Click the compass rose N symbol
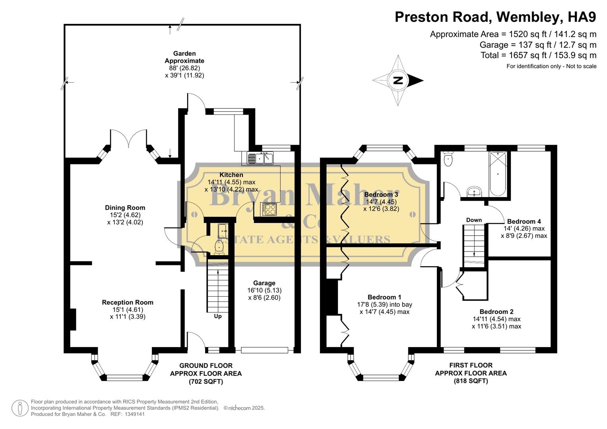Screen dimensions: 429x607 [398, 81]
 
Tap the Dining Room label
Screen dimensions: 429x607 [125, 208]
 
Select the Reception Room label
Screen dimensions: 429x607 [127, 302]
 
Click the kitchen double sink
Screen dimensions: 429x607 [260, 158]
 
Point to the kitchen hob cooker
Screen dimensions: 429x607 [269, 209]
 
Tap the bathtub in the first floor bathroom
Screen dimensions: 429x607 [497, 174]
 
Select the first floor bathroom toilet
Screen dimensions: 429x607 [448, 159]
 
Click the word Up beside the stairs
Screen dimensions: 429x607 [218, 316]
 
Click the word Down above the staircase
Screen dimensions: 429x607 [474, 220]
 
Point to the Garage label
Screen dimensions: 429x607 [264, 283]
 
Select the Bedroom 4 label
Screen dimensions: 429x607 [524, 222]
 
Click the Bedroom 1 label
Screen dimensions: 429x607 [384, 297]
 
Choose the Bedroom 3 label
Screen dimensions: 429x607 [381, 195]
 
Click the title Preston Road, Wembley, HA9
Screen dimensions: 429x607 [495, 17]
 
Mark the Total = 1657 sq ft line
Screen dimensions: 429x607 [538, 55]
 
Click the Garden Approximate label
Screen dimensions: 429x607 [184, 57]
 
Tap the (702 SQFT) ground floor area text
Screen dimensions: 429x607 [206, 382]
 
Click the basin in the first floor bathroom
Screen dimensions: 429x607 [474, 192]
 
